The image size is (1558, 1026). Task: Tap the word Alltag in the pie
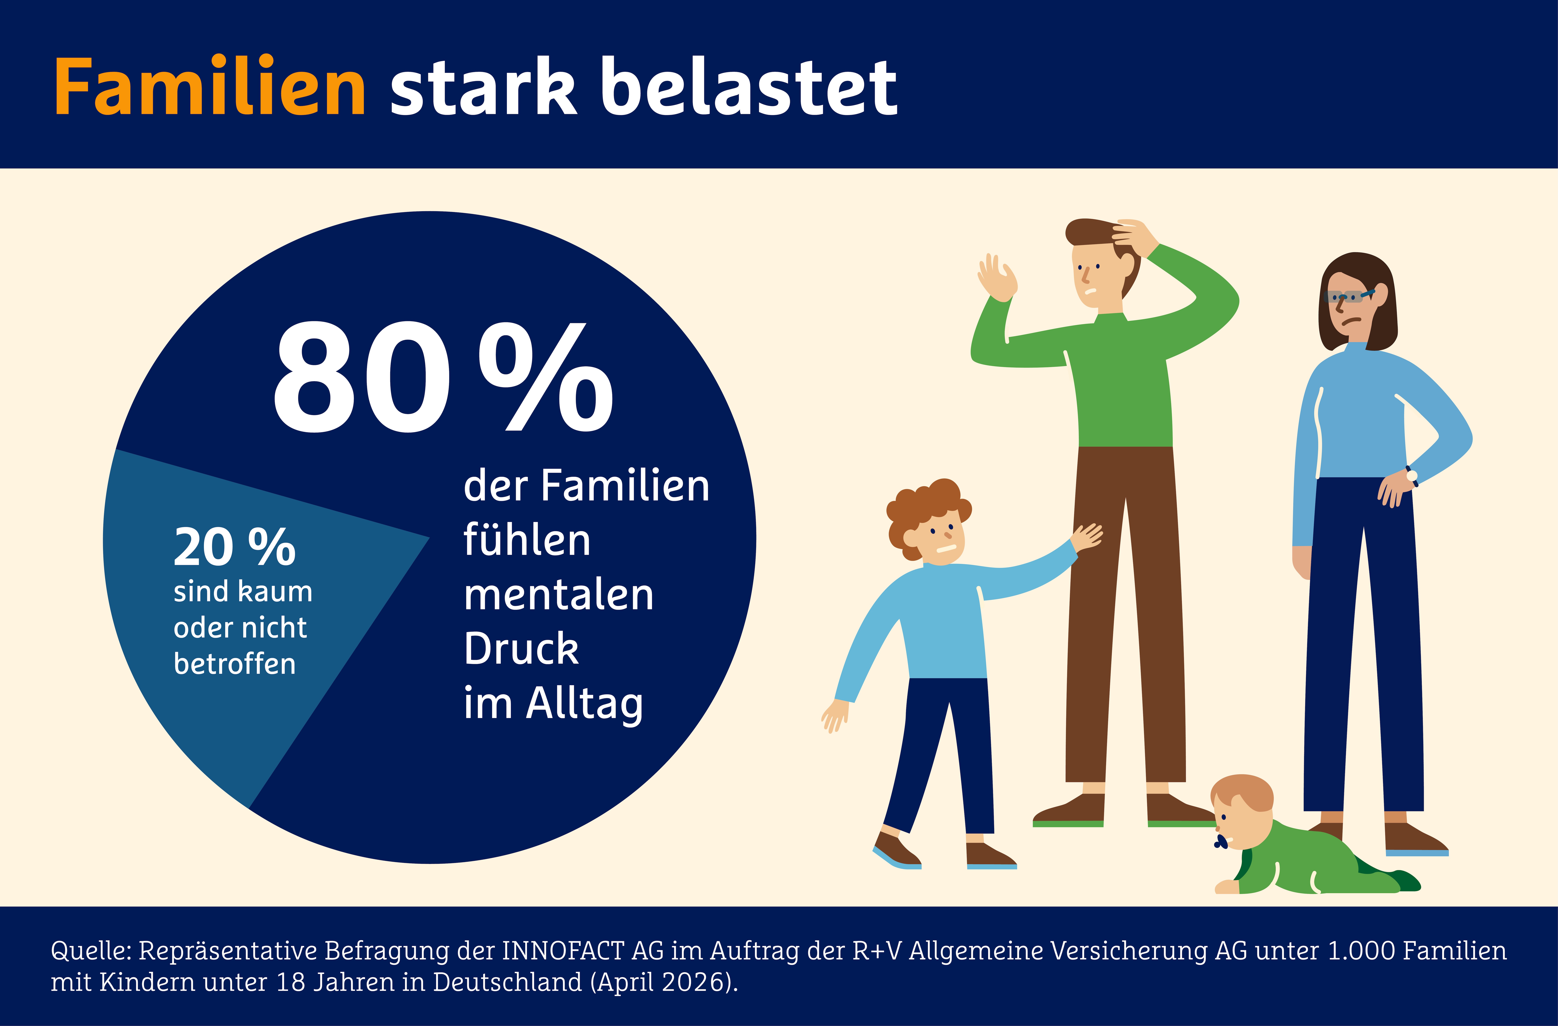coord(585,705)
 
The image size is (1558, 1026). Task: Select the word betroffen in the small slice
coord(234,664)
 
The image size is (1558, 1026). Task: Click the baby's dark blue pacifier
coord(1220,842)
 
